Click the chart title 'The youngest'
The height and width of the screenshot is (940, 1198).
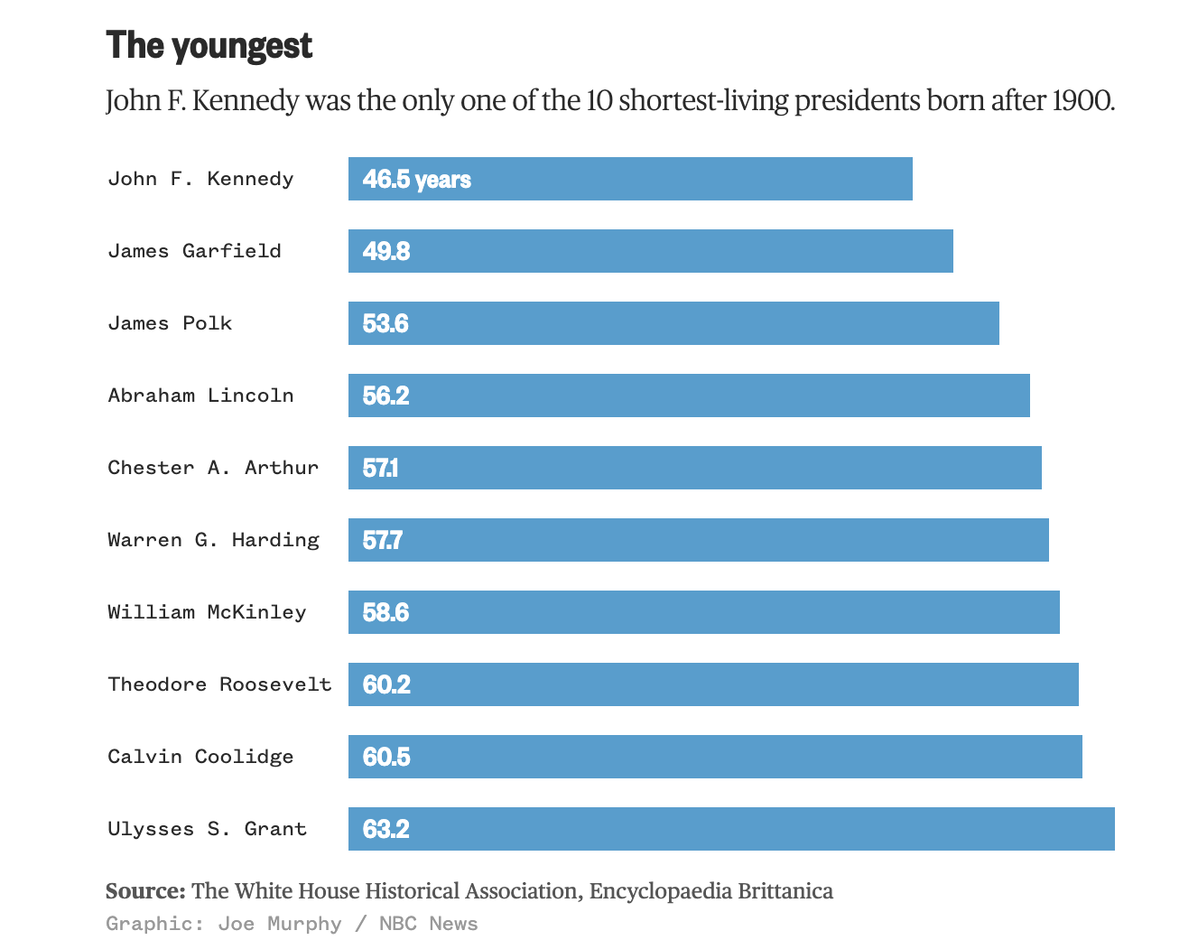coord(209,45)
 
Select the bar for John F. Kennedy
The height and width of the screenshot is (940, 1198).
coord(630,179)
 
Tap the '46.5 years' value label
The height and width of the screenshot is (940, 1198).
coord(416,180)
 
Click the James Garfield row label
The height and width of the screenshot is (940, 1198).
coord(194,251)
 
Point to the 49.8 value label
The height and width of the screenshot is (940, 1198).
coord(385,251)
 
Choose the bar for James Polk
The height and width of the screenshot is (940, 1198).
coord(673,323)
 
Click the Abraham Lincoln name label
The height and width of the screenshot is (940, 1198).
coord(200,396)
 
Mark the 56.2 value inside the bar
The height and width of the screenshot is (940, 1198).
coord(385,396)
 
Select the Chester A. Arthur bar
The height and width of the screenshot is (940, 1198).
coord(695,468)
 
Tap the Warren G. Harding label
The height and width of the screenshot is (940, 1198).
coord(213,540)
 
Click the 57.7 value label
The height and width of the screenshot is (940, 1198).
coord(382,540)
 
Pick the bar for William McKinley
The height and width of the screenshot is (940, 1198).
coord(704,612)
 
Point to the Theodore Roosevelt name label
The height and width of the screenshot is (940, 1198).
coord(219,684)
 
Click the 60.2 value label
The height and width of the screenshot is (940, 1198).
coord(385,684)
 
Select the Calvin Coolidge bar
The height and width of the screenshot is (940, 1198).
coord(715,757)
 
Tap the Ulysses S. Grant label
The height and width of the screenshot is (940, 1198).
coord(207,829)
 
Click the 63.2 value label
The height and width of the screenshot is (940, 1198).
coord(385,829)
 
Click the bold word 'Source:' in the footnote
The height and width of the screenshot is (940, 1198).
coord(145,891)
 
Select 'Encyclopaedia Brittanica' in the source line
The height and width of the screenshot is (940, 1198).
coord(710,891)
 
